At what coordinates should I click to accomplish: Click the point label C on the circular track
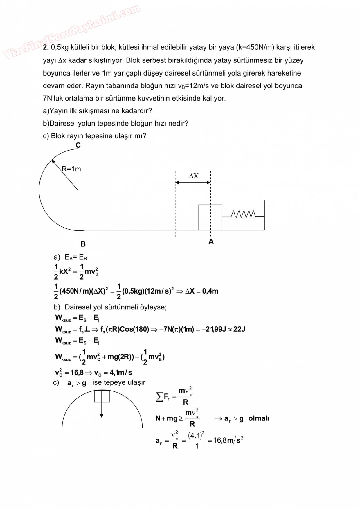point(78,145)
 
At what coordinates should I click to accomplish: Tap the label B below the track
point(83,244)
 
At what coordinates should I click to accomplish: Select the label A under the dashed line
point(211,241)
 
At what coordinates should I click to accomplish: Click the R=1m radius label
point(71,169)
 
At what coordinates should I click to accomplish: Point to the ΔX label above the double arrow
point(194,176)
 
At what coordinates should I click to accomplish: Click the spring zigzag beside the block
point(243,214)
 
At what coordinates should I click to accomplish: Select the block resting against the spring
point(210,217)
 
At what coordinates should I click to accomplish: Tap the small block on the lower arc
point(102,396)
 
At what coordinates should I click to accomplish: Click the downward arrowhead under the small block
point(102,416)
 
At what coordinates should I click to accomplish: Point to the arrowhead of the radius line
point(53,162)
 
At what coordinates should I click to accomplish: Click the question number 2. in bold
point(46,47)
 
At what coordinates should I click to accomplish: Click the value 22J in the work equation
point(239,329)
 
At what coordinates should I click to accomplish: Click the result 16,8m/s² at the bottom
point(228,440)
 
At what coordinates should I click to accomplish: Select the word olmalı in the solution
point(259,418)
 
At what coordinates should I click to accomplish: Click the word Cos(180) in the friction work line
point(134,329)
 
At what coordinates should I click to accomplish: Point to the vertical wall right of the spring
point(264,215)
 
